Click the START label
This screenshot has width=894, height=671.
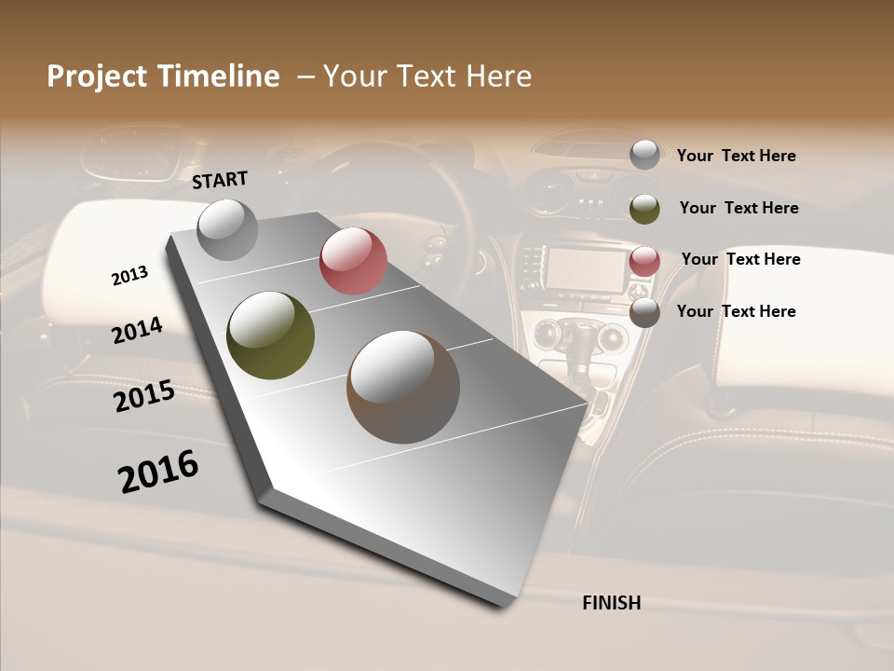[x=220, y=180]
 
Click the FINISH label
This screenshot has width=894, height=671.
[x=611, y=603]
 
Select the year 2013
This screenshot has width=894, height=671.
[x=129, y=275]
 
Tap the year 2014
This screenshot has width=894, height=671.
[x=137, y=330]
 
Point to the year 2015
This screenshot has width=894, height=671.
[x=144, y=396]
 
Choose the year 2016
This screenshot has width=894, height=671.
[x=158, y=472]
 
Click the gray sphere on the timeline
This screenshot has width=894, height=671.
[x=227, y=229]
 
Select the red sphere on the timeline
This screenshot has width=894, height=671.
[x=353, y=261]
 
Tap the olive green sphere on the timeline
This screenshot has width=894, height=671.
[x=270, y=335]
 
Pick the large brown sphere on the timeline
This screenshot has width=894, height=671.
[x=403, y=387]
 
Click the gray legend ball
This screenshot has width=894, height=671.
[x=644, y=155]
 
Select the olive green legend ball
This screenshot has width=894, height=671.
[x=644, y=208]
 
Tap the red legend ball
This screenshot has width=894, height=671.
[x=644, y=260]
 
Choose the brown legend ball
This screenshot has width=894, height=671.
[x=644, y=312]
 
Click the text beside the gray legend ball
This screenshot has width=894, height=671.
[x=736, y=156]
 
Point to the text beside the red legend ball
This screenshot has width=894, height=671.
[x=740, y=259]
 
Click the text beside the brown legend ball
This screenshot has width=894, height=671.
[x=736, y=311]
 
